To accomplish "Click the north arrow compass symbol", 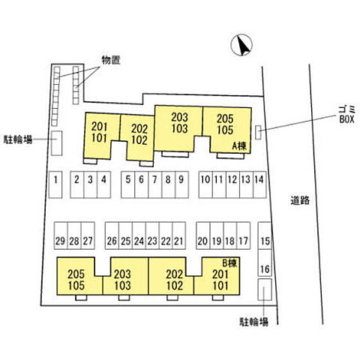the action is click(241, 45).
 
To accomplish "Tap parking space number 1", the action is click(55, 184).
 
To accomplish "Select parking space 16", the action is click(265, 262).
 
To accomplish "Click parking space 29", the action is click(61, 235).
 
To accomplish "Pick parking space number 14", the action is click(259, 184).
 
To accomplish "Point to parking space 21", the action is click(178, 235).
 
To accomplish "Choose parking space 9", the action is click(181, 184).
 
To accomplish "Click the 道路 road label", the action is click(300, 200).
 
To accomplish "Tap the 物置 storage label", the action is click(111, 60).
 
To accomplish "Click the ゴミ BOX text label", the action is click(346, 114).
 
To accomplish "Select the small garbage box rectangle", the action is click(258, 132).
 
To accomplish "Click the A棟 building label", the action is click(239, 146).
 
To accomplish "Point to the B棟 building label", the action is click(229, 263).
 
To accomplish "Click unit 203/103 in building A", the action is click(178, 128).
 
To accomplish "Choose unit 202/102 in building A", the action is click(137, 137).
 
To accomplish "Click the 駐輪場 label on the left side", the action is click(18, 139).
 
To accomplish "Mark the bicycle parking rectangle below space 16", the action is click(265, 289).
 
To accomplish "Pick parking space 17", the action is click(244, 235).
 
